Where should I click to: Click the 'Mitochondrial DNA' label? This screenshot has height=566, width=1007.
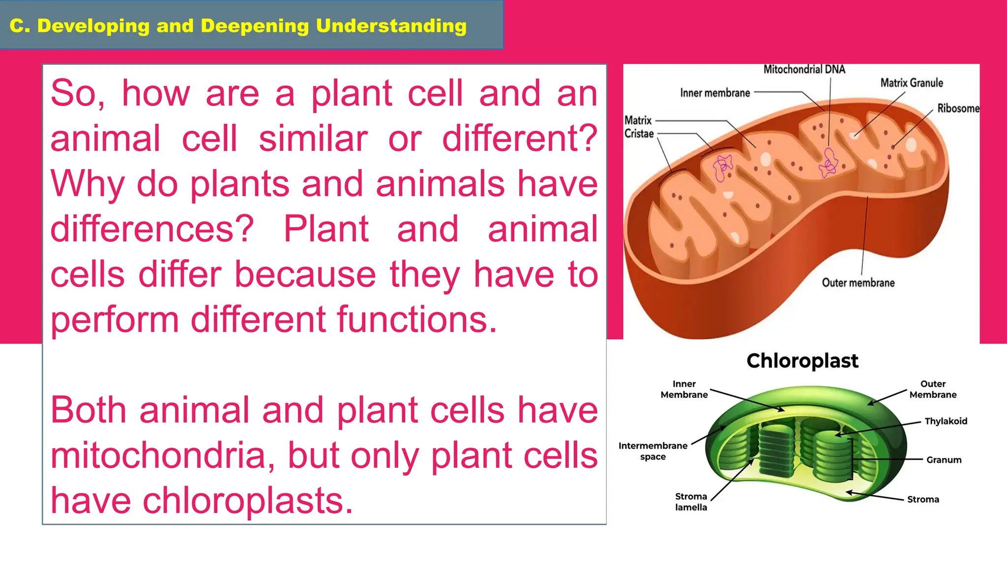(804, 69)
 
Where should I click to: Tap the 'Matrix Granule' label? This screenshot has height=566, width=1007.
(911, 83)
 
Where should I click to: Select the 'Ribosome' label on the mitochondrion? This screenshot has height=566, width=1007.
(958, 108)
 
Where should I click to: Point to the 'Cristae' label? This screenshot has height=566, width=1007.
(639, 134)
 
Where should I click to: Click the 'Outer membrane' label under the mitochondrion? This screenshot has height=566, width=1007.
(858, 283)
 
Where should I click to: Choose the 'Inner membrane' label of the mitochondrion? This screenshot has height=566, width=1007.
(715, 93)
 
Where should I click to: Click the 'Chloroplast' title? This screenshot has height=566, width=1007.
(802, 361)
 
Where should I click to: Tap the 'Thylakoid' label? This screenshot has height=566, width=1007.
(946, 421)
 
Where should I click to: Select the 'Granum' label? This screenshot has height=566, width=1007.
(944, 460)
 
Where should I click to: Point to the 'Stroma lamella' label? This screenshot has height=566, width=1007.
(691, 502)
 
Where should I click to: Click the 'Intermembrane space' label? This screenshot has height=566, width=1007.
(652, 451)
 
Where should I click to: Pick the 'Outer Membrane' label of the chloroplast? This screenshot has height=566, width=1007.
(933, 389)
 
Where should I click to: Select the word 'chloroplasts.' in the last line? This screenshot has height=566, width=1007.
(248, 501)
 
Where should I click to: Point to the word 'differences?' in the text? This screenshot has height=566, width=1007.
(152, 229)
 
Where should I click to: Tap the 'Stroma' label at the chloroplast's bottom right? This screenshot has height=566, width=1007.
(923, 499)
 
